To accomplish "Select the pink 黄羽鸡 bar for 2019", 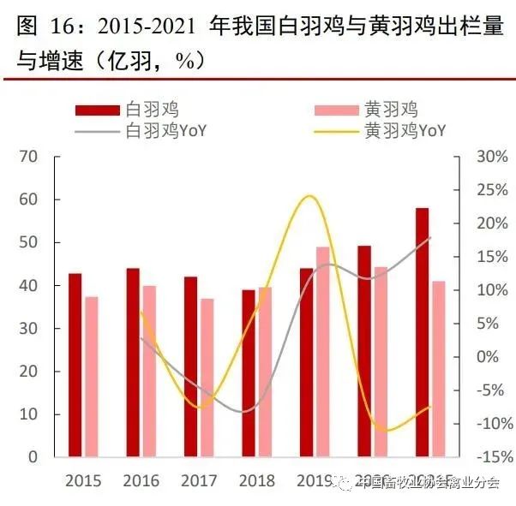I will click(x=322, y=351).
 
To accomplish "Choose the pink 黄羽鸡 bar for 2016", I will click(x=148, y=371).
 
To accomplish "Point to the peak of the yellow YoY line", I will click(x=309, y=196).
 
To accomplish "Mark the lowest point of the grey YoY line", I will click(x=245, y=412).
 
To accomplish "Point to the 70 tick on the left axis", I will click(x=29, y=157).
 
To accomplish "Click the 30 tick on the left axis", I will click(x=29, y=328).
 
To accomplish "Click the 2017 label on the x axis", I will click(x=200, y=480).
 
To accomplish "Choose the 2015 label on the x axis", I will click(x=82, y=480).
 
